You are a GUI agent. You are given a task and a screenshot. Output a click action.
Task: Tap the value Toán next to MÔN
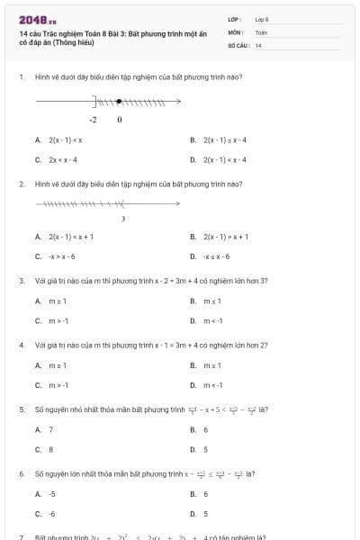coord(261,31)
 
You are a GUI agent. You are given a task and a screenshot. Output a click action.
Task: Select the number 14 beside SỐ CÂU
coord(258,45)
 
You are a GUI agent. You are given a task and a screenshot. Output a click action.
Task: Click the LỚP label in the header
coord(235,19)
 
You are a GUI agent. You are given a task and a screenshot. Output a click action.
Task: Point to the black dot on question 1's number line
coord(119,101)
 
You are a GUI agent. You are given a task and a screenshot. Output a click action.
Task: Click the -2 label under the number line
coord(94,118)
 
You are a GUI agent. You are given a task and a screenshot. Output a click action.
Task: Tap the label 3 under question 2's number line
coord(122,218)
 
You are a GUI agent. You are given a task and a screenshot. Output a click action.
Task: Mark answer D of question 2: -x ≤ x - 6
coord(220,256)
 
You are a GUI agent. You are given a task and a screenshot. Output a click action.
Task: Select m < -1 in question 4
coord(213,384)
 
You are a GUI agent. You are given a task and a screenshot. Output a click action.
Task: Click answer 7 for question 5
coord(50,429)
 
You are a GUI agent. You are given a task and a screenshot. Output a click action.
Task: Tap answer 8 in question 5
coord(50,448)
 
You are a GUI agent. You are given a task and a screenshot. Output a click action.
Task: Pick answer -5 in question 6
coord(52,494)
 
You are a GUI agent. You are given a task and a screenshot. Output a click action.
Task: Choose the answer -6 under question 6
coord(52,513)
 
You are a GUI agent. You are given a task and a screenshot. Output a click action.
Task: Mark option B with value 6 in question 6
coord(206,494)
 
